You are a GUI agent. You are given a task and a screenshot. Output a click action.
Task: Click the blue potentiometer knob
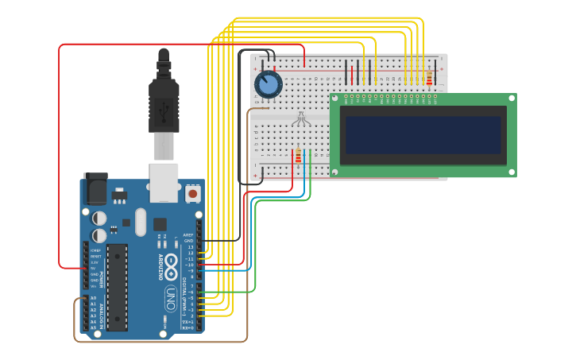pyautogui.click(x=268, y=83)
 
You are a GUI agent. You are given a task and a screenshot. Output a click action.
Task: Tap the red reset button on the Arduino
pyautogui.click(x=192, y=193)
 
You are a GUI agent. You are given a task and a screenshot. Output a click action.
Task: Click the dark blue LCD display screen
pyautogui.click(x=423, y=135)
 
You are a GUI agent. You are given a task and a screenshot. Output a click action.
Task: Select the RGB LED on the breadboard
pyautogui.click(x=300, y=121)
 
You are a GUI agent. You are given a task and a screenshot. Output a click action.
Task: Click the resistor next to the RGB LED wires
pyautogui.click(x=299, y=156)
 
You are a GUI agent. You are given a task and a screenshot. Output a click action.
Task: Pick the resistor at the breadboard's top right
pyautogui.click(x=430, y=78)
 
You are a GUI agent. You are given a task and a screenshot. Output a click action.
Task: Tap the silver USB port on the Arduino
pyautogui.click(x=164, y=182)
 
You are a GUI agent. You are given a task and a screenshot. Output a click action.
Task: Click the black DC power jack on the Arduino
pyautogui.click(x=95, y=188)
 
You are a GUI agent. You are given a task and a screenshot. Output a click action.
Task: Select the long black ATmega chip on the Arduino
pyautogui.click(x=117, y=287)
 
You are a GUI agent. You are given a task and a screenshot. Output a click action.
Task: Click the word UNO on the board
pyautogui.click(x=170, y=298)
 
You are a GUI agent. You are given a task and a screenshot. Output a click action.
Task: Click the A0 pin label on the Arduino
pyautogui.click(x=93, y=298)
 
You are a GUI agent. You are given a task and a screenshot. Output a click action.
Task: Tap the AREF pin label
pyautogui.click(x=188, y=235)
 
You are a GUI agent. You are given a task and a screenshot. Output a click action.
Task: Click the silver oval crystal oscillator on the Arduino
pyautogui.click(x=141, y=222)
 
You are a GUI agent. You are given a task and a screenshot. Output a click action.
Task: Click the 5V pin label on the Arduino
pyautogui.click(x=94, y=268)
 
